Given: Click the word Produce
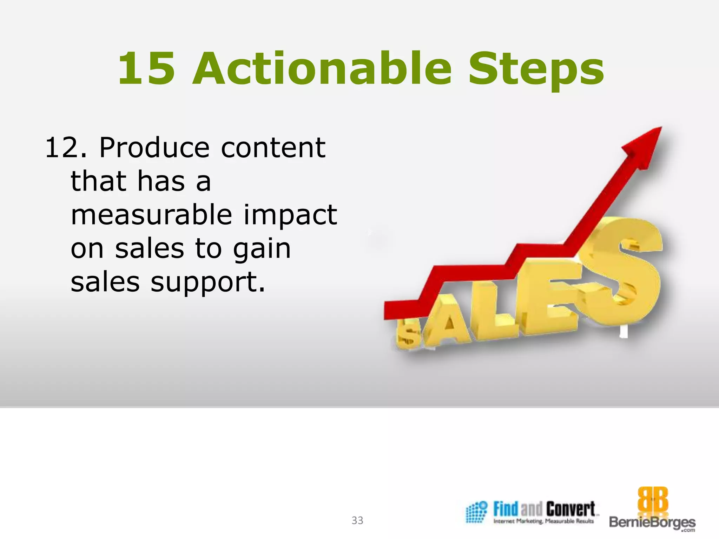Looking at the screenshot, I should point(154,148).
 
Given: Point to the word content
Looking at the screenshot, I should point(273,148).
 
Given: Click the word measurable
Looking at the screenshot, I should point(151,215).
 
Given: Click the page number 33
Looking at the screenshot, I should point(357,520).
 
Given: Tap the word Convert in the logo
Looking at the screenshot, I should point(570,509).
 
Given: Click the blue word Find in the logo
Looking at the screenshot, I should point(506,509).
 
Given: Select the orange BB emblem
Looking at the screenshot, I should point(653,500).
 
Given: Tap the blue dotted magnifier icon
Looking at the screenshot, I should point(476,512).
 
